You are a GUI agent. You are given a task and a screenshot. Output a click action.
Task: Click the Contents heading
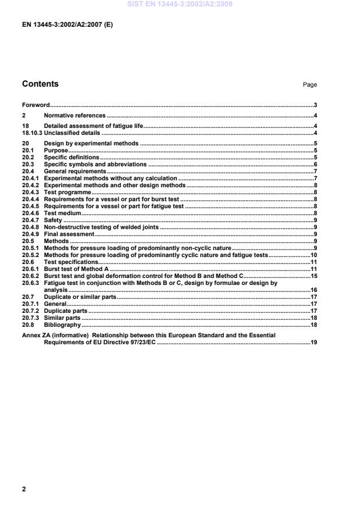click(40, 84)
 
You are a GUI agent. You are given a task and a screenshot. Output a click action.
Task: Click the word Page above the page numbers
click(309, 85)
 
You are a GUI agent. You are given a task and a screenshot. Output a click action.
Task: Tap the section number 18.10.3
click(32, 133)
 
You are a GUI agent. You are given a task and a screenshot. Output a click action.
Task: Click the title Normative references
click(75, 116)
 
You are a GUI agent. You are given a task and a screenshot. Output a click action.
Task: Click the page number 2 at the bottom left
click(24, 489)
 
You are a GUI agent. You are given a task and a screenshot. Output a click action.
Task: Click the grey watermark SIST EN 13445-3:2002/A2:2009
click(180, 4)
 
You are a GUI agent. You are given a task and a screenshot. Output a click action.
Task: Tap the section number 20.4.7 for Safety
click(30, 220)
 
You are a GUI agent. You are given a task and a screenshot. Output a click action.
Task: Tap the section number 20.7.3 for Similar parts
click(30, 318)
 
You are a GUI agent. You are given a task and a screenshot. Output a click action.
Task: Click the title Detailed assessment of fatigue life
click(93, 126)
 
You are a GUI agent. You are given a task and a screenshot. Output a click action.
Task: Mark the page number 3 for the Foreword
click(315, 105)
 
